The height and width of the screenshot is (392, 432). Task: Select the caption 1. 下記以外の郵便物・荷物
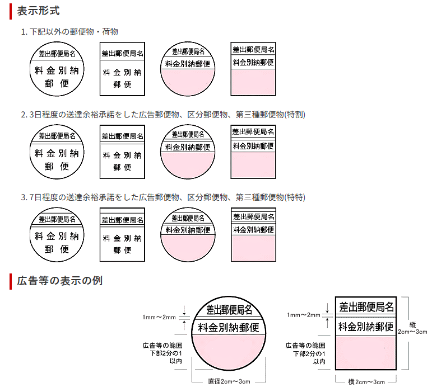[69, 32]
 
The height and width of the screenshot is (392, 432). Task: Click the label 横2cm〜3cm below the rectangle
[366, 382]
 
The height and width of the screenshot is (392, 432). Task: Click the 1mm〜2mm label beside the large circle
[159, 317]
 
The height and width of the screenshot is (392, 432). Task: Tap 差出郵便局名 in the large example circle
[230, 309]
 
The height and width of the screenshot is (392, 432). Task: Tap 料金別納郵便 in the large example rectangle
[366, 326]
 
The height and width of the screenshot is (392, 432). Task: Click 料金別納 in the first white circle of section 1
[57, 71]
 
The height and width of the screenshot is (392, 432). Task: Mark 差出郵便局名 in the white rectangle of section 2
[123, 136]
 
